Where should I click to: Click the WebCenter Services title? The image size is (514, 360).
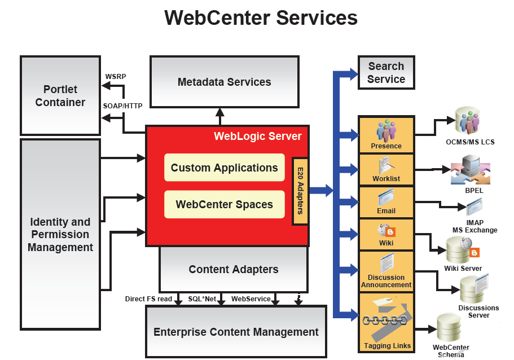pos(261,17)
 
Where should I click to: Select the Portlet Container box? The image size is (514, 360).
pos(60,95)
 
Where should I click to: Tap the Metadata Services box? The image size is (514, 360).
pos(224,82)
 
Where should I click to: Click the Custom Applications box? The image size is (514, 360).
pos(224,168)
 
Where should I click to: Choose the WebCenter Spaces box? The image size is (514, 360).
pos(224,204)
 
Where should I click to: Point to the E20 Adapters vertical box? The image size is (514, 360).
pos(300,191)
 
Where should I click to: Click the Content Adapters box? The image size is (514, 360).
pos(233,269)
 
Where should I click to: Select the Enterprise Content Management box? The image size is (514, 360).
pos(236,332)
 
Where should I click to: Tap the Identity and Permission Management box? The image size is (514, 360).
pos(60,234)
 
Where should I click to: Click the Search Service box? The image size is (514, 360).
pos(386,73)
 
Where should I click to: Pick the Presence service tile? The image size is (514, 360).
pos(386,134)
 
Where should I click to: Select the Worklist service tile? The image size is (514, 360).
pos(386,169)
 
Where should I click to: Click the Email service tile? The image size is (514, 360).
pos(386,201)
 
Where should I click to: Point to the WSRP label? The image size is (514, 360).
pos(116,76)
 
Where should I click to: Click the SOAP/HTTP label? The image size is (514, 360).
pos(122,106)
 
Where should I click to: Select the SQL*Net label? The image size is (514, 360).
pos(202,298)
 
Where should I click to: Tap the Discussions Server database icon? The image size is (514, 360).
pos(471,289)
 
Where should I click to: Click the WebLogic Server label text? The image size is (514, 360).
pos(257,136)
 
